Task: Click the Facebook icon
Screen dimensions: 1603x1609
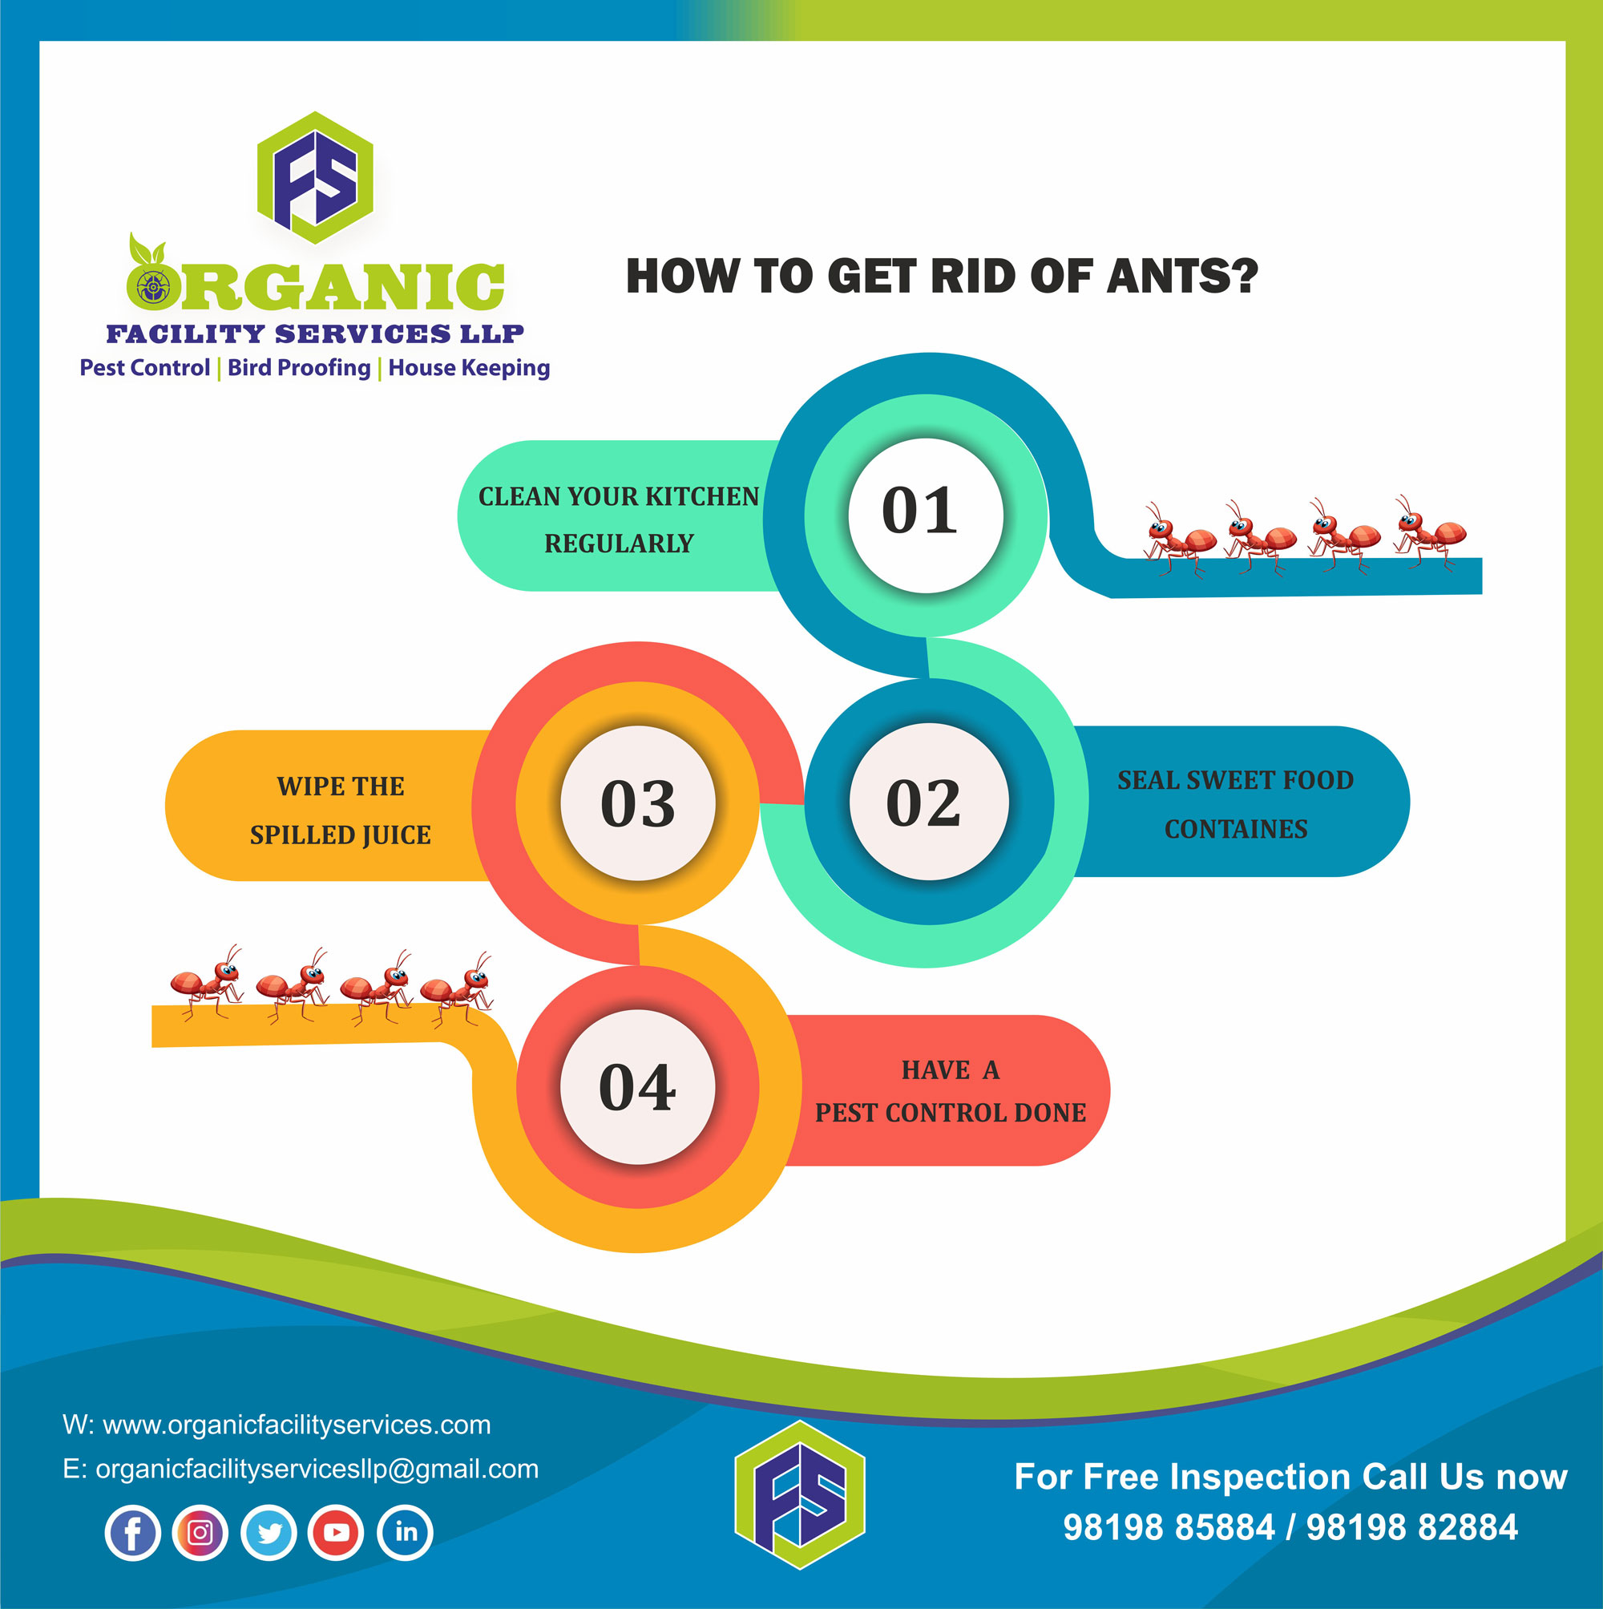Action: point(132,1532)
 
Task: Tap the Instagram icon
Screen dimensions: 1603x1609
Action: point(200,1532)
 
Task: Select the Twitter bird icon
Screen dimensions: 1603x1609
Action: point(269,1532)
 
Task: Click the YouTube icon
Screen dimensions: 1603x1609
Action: point(337,1532)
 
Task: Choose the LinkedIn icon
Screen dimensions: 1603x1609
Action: point(405,1532)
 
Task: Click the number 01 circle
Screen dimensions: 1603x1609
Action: point(925,515)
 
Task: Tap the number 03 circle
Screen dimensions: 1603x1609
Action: point(638,802)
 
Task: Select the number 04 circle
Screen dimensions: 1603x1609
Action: point(637,1087)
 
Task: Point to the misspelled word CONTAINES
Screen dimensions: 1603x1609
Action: point(1236,830)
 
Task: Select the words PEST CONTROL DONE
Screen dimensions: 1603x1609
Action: point(950,1113)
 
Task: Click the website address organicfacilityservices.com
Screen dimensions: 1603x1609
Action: point(297,1425)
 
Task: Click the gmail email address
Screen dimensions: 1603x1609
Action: point(317,1469)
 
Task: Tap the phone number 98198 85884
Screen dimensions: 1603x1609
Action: point(1169,1527)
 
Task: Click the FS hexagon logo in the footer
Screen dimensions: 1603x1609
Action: point(799,1495)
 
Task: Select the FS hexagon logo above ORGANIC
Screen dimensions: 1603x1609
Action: point(315,177)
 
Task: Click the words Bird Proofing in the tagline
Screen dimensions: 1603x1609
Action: point(299,368)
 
